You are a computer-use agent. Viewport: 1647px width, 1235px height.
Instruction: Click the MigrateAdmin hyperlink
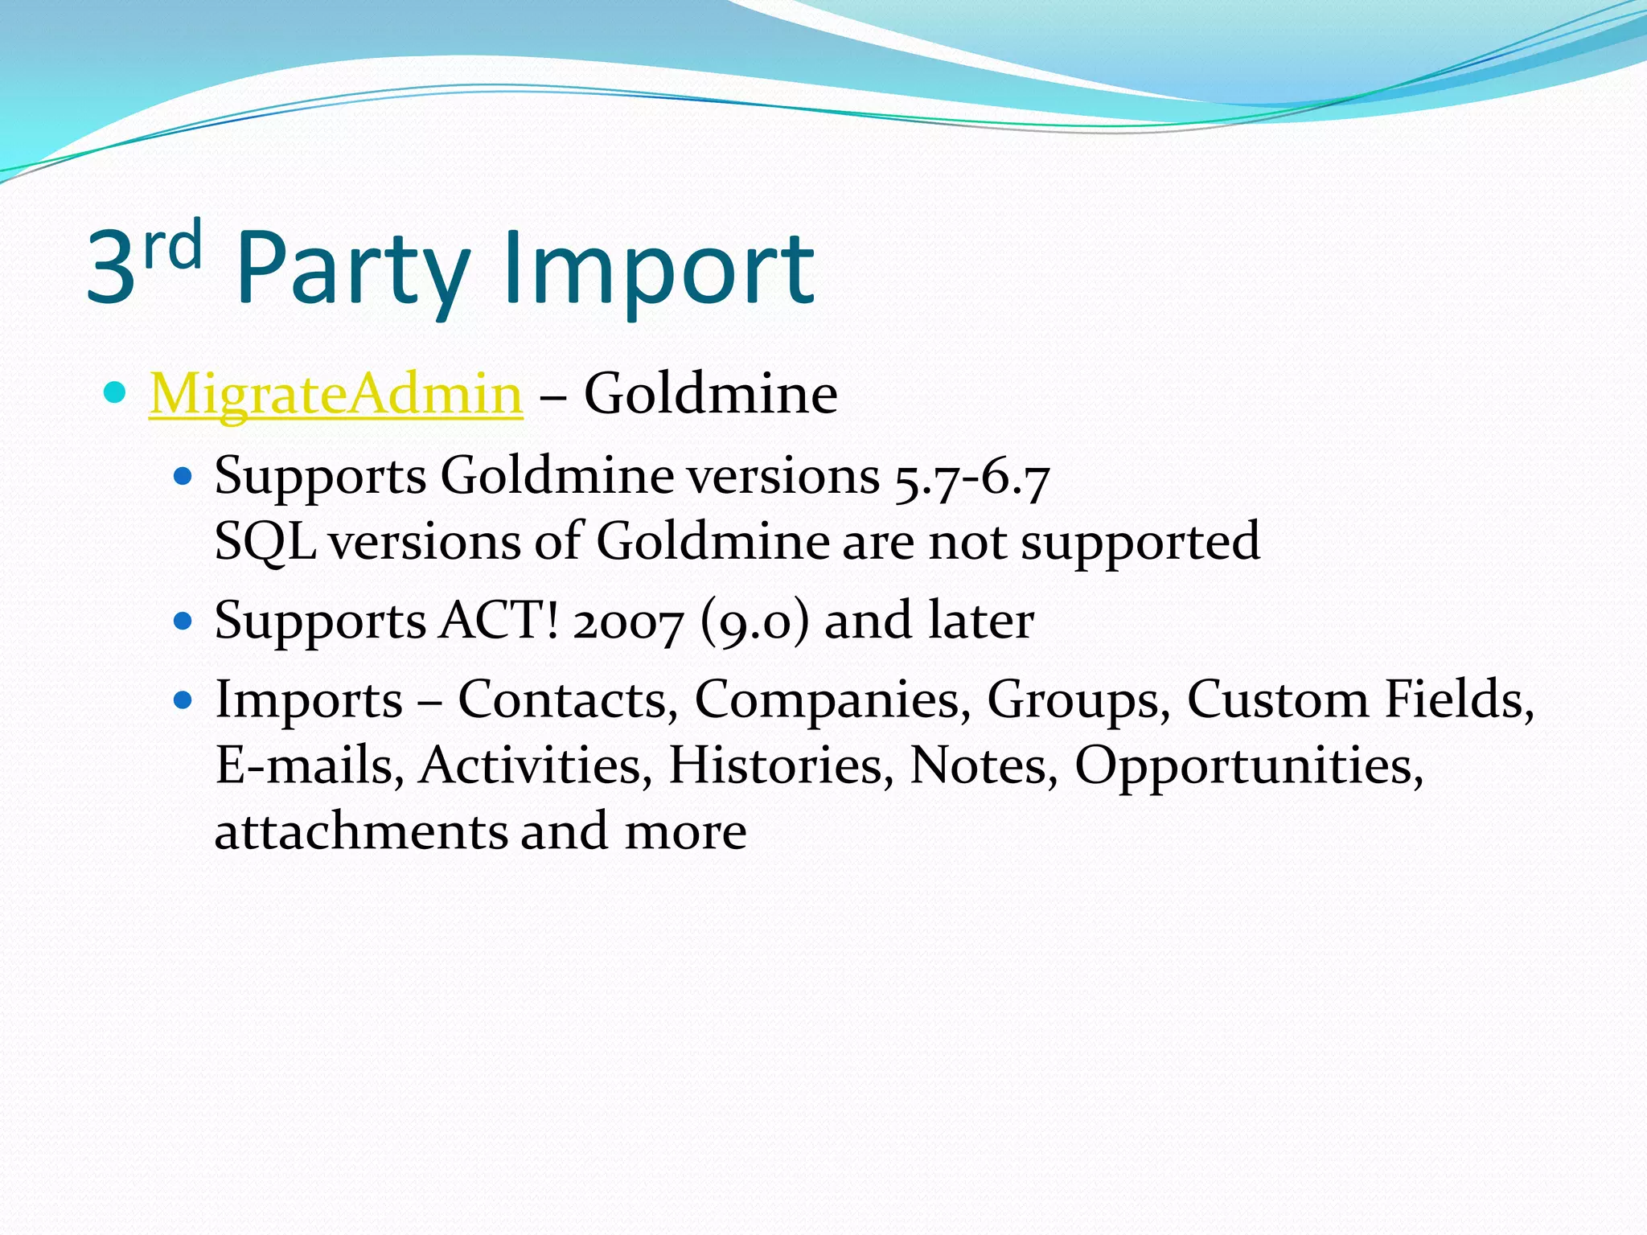point(336,394)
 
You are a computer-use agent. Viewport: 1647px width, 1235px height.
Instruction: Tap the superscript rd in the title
point(172,246)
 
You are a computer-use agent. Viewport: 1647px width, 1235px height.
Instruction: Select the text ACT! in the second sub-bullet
point(499,621)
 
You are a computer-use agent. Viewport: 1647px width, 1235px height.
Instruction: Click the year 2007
point(628,622)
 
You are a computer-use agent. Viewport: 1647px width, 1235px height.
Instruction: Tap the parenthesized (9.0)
point(754,622)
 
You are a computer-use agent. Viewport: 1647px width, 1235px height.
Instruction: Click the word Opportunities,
point(1249,765)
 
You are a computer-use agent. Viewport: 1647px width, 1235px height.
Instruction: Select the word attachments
point(361,831)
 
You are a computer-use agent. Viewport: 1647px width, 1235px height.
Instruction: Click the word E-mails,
point(310,765)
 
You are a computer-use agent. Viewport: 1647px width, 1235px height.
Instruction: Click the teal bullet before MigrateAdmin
point(116,393)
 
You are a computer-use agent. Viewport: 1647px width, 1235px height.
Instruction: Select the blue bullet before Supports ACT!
point(183,622)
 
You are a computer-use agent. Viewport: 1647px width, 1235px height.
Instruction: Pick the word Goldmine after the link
point(710,394)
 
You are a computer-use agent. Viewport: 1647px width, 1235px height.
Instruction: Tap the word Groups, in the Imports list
point(1078,700)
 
